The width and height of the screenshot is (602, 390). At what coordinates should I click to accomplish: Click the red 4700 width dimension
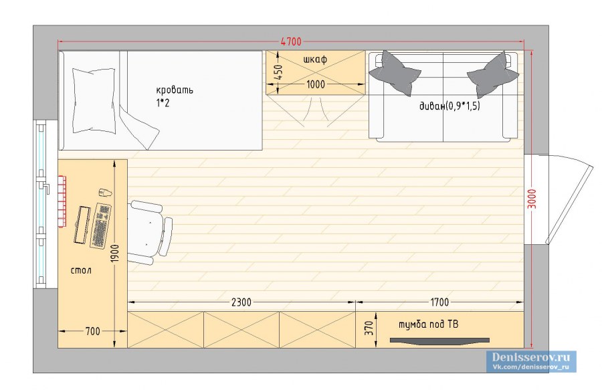pos(292,41)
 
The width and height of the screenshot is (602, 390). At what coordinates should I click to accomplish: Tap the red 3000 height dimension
pos(532,199)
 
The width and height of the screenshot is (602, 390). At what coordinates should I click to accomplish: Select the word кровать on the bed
pos(175,90)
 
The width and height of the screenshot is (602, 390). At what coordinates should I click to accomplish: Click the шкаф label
pos(315,60)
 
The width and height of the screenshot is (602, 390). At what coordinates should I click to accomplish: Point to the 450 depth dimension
pos(279,72)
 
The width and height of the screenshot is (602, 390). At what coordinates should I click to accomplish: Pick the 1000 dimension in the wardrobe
pos(316,84)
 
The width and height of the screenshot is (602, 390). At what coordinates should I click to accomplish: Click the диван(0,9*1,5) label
pos(449,106)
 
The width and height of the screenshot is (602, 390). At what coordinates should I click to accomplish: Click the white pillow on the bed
pos(94,100)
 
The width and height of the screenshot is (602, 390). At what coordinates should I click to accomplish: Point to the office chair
pos(150,232)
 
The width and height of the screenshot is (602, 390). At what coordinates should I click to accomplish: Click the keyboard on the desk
pos(100,225)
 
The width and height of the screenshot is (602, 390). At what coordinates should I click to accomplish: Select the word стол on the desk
pos(82,270)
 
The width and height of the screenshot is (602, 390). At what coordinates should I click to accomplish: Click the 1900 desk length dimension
pos(115,254)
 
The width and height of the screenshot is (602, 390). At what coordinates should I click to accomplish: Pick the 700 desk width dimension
pos(92,331)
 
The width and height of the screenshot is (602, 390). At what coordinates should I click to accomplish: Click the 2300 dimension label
pos(241,302)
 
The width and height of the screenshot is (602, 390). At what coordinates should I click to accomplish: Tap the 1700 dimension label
pos(439,302)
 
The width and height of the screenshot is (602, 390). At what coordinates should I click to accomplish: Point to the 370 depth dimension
pos(369,328)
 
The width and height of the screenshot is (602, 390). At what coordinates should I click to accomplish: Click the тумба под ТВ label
pos(428,324)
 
